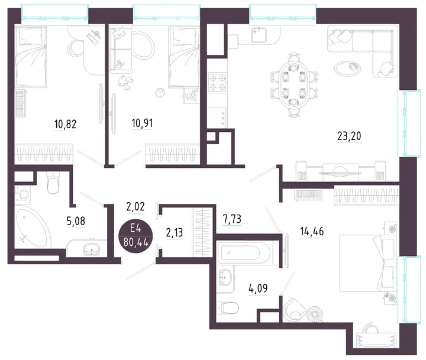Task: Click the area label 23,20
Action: click(349, 136)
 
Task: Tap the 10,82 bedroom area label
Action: click(65, 124)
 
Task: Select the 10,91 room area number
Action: click(142, 123)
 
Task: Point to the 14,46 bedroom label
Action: click(312, 231)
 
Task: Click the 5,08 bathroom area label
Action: click(76, 221)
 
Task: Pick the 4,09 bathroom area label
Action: click(258, 288)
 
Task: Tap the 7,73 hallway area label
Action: click(232, 219)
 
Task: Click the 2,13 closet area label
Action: click(174, 233)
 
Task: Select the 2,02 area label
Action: click(135, 207)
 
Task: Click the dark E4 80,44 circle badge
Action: click(135, 236)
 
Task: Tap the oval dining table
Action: click(293, 85)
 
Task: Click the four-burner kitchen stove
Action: click(218, 83)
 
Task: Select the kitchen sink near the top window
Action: click(259, 35)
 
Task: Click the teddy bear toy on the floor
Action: click(125, 82)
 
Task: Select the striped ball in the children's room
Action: click(160, 93)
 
